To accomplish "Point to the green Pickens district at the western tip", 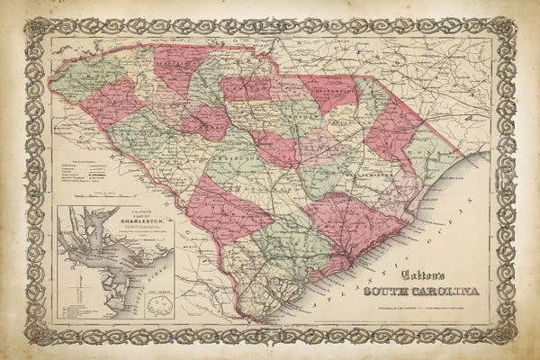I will tap(85, 76).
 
